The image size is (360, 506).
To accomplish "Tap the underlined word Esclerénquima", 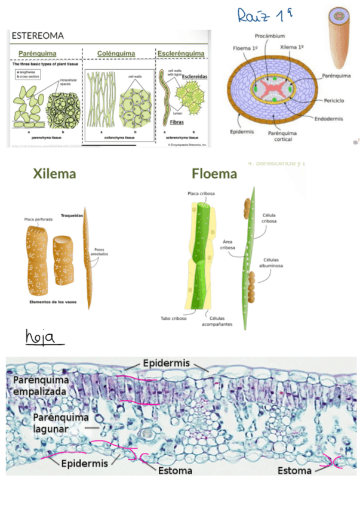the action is coord(181,54).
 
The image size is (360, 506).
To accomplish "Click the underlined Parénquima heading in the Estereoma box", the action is coord(37,54).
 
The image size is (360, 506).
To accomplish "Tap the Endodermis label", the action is coord(328,118).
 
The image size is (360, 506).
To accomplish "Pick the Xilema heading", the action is coord(54,174).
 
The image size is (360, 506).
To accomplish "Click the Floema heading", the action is coord(214,174).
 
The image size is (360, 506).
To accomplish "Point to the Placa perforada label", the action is coord(38,220).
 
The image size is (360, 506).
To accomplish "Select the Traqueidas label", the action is coord(71,215).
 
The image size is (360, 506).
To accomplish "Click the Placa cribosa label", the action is coord(201,193).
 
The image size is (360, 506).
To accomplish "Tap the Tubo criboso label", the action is coord(174,318).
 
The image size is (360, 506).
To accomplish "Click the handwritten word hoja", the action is coord(45,339).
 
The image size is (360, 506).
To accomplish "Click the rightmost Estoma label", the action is coord(294,471).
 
